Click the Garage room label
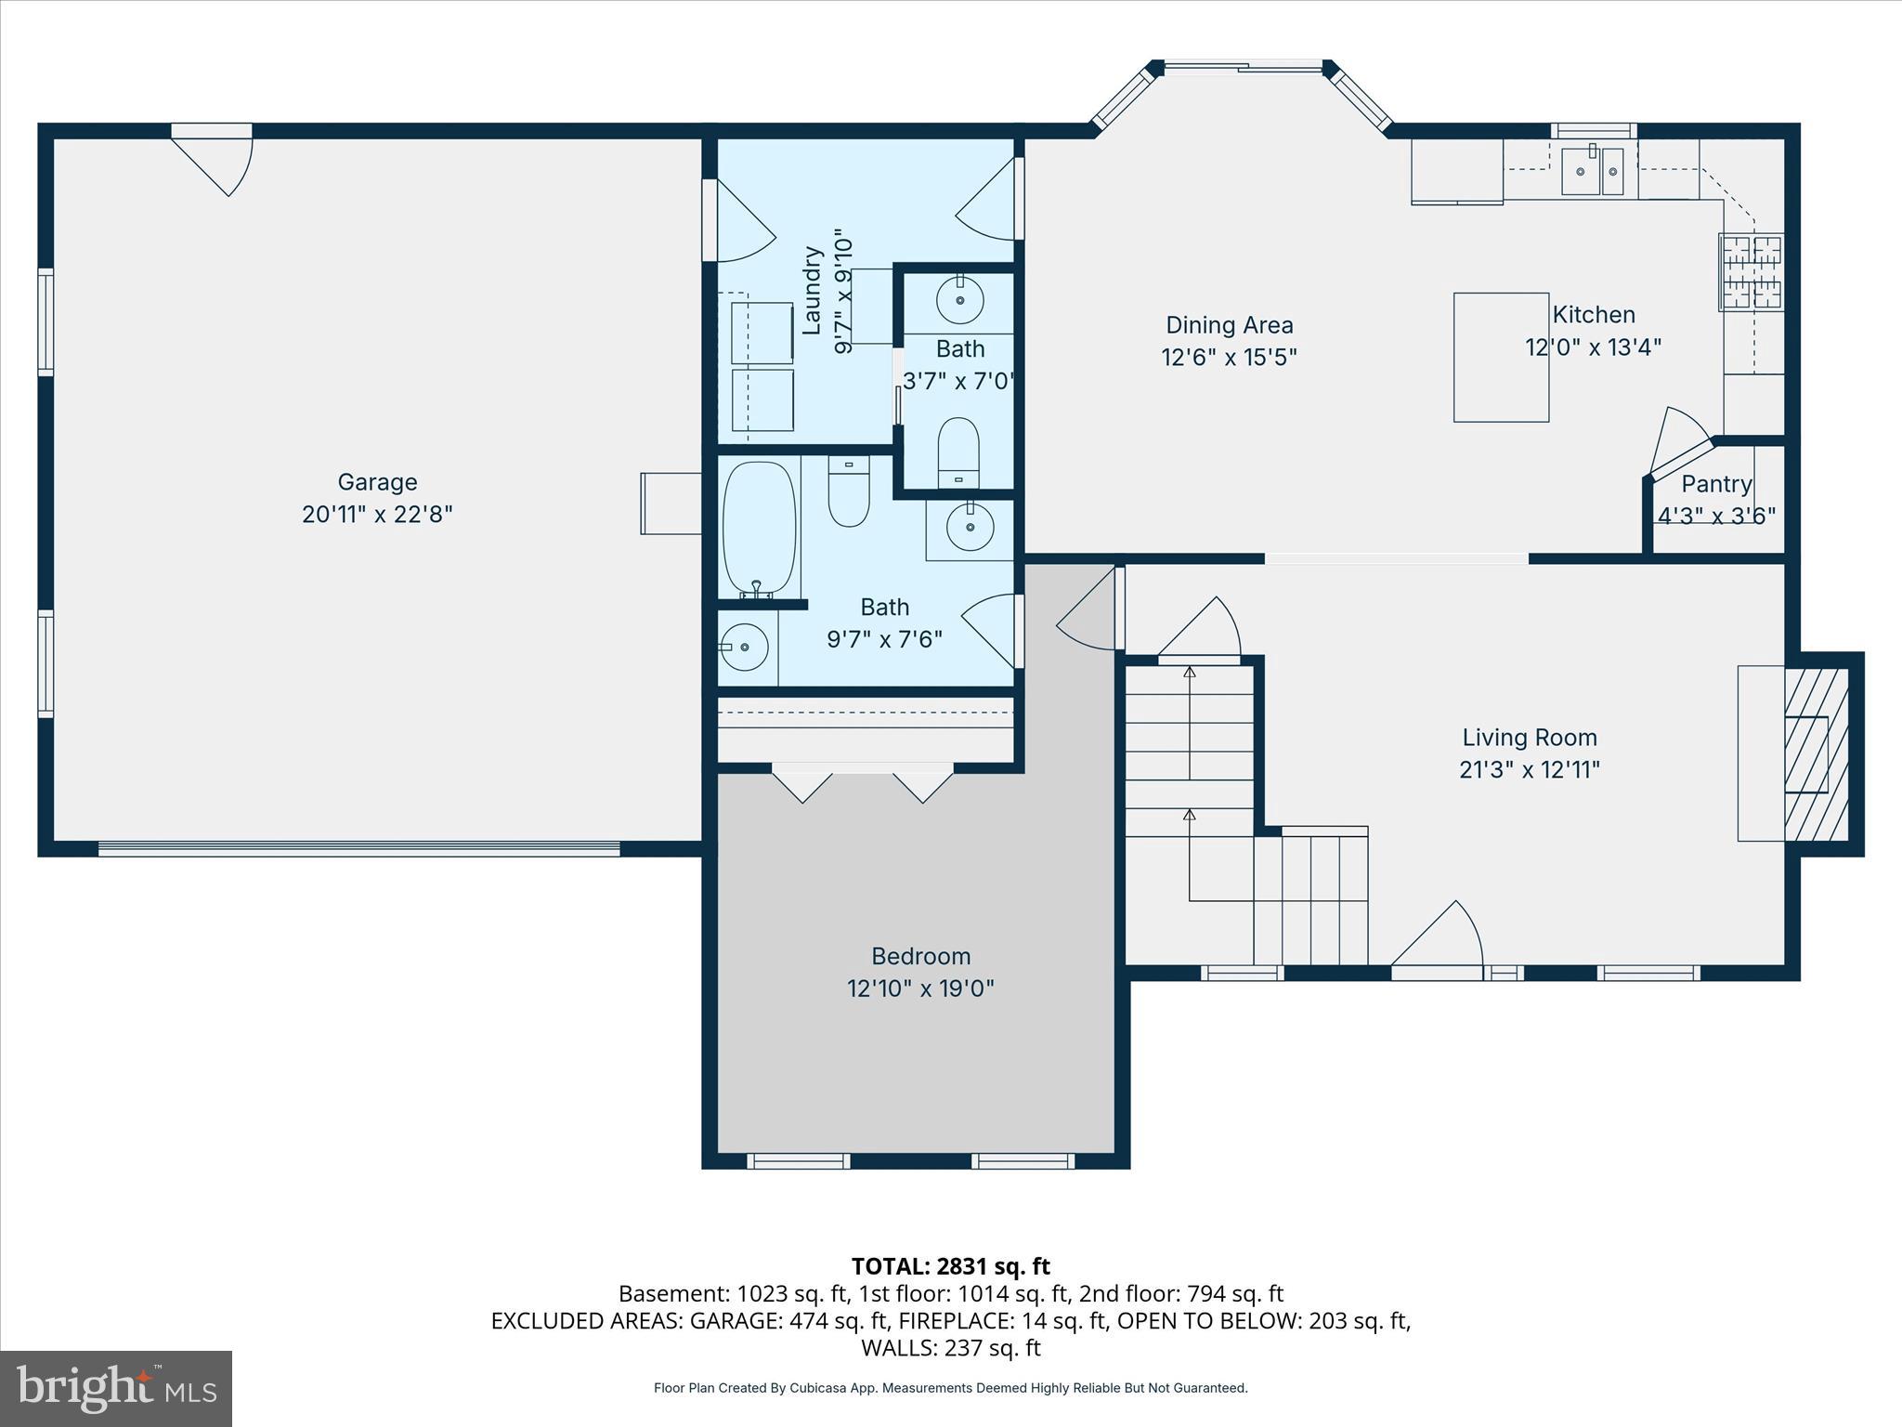coord(377,481)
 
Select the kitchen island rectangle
coord(1501,358)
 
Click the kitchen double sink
coord(1592,171)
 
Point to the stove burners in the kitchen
coord(1752,271)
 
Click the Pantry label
coord(1716,484)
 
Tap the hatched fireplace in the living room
coord(1816,754)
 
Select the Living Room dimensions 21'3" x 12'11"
coord(1530,769)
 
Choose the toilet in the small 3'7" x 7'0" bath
coord(958,452)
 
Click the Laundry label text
coord(813,290)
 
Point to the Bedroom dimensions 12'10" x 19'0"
coord(920,988)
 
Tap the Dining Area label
coord(1229,325)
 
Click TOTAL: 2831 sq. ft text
coord(950,1266)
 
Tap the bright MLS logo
coord(116,1389)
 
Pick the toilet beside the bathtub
coord(848,494)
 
